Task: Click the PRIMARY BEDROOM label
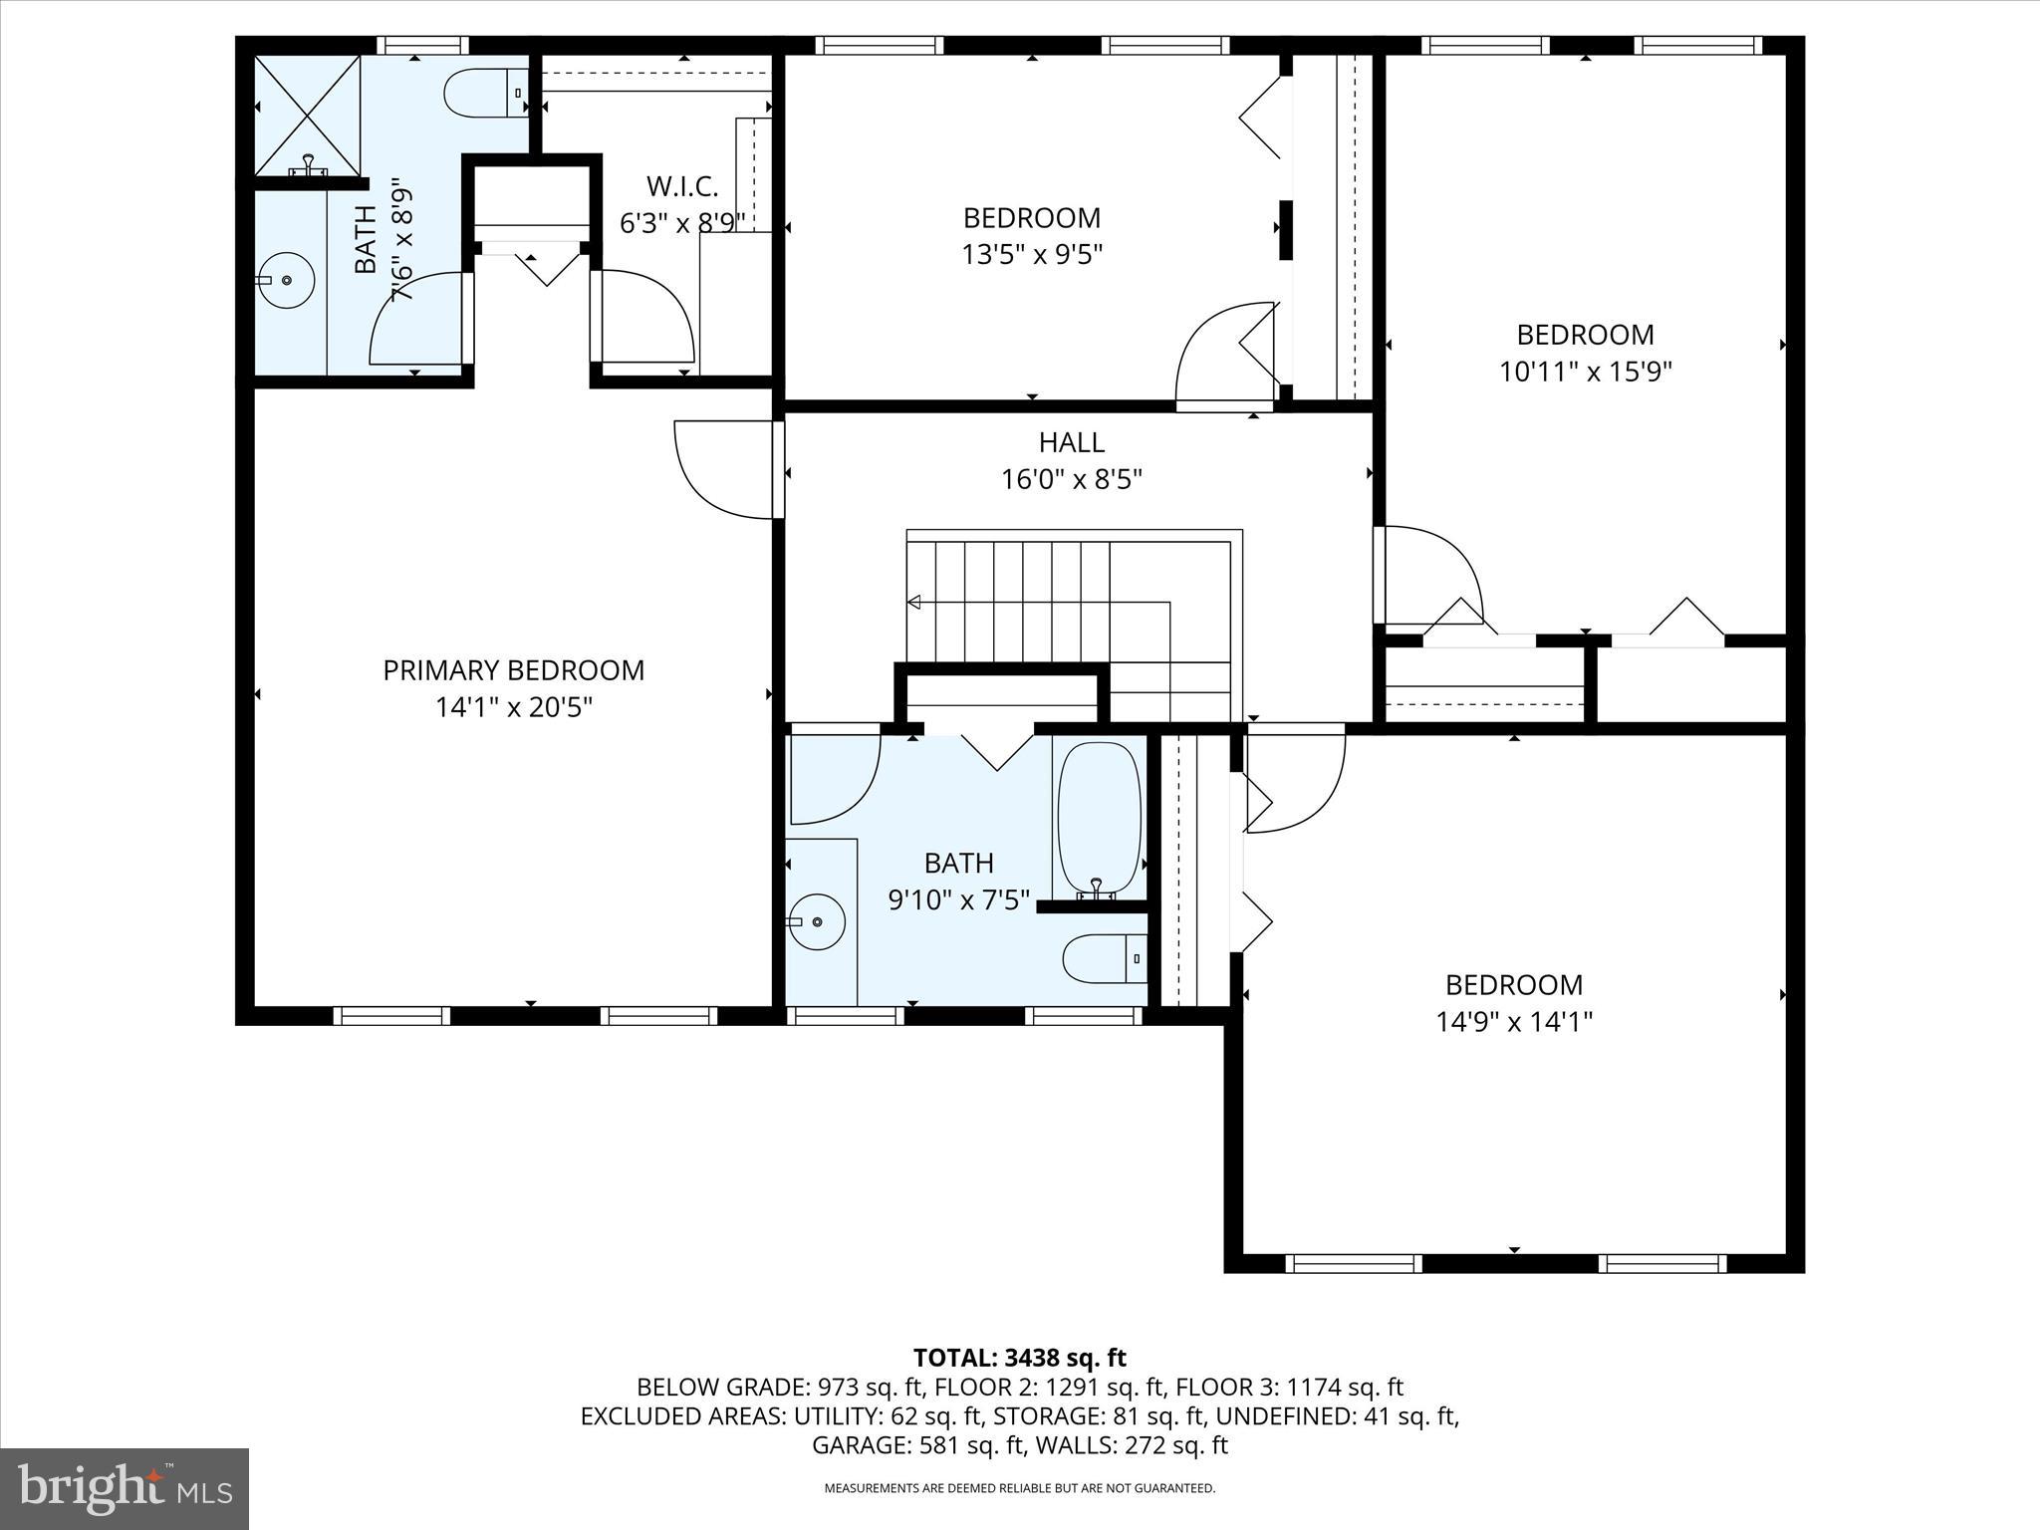coord(513,670)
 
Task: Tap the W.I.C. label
coord(681,186)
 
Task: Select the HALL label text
coord(1071,442)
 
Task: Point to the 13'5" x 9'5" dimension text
coord(1032,255)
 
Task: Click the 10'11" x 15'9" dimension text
coord(1585,372)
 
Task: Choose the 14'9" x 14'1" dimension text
coord(1513,1022)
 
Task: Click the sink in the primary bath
coord(287,280)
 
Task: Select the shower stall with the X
coord(308,116)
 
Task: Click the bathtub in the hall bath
coord(1099,818)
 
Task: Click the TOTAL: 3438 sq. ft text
coord(1019,1358)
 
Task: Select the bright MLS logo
coord(125,1488)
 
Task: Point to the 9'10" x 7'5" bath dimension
coord(958,900)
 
